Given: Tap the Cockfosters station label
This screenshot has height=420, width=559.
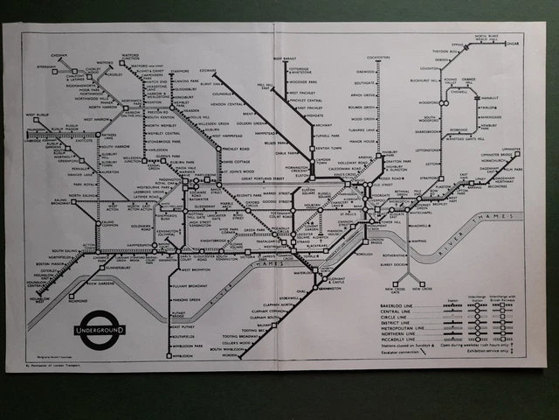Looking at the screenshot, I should [379, 57].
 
